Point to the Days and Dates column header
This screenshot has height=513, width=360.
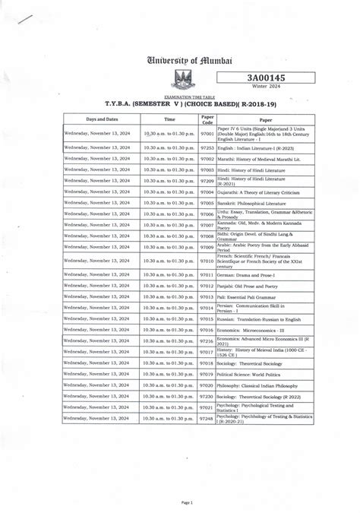click(102, 119)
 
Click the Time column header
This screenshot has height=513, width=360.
click(169, 119)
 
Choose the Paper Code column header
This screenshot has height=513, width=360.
click(207, 119)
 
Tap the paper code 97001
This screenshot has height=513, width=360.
click(207, 135)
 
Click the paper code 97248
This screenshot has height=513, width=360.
click(207, 419)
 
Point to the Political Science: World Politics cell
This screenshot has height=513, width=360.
click(254, 375)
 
